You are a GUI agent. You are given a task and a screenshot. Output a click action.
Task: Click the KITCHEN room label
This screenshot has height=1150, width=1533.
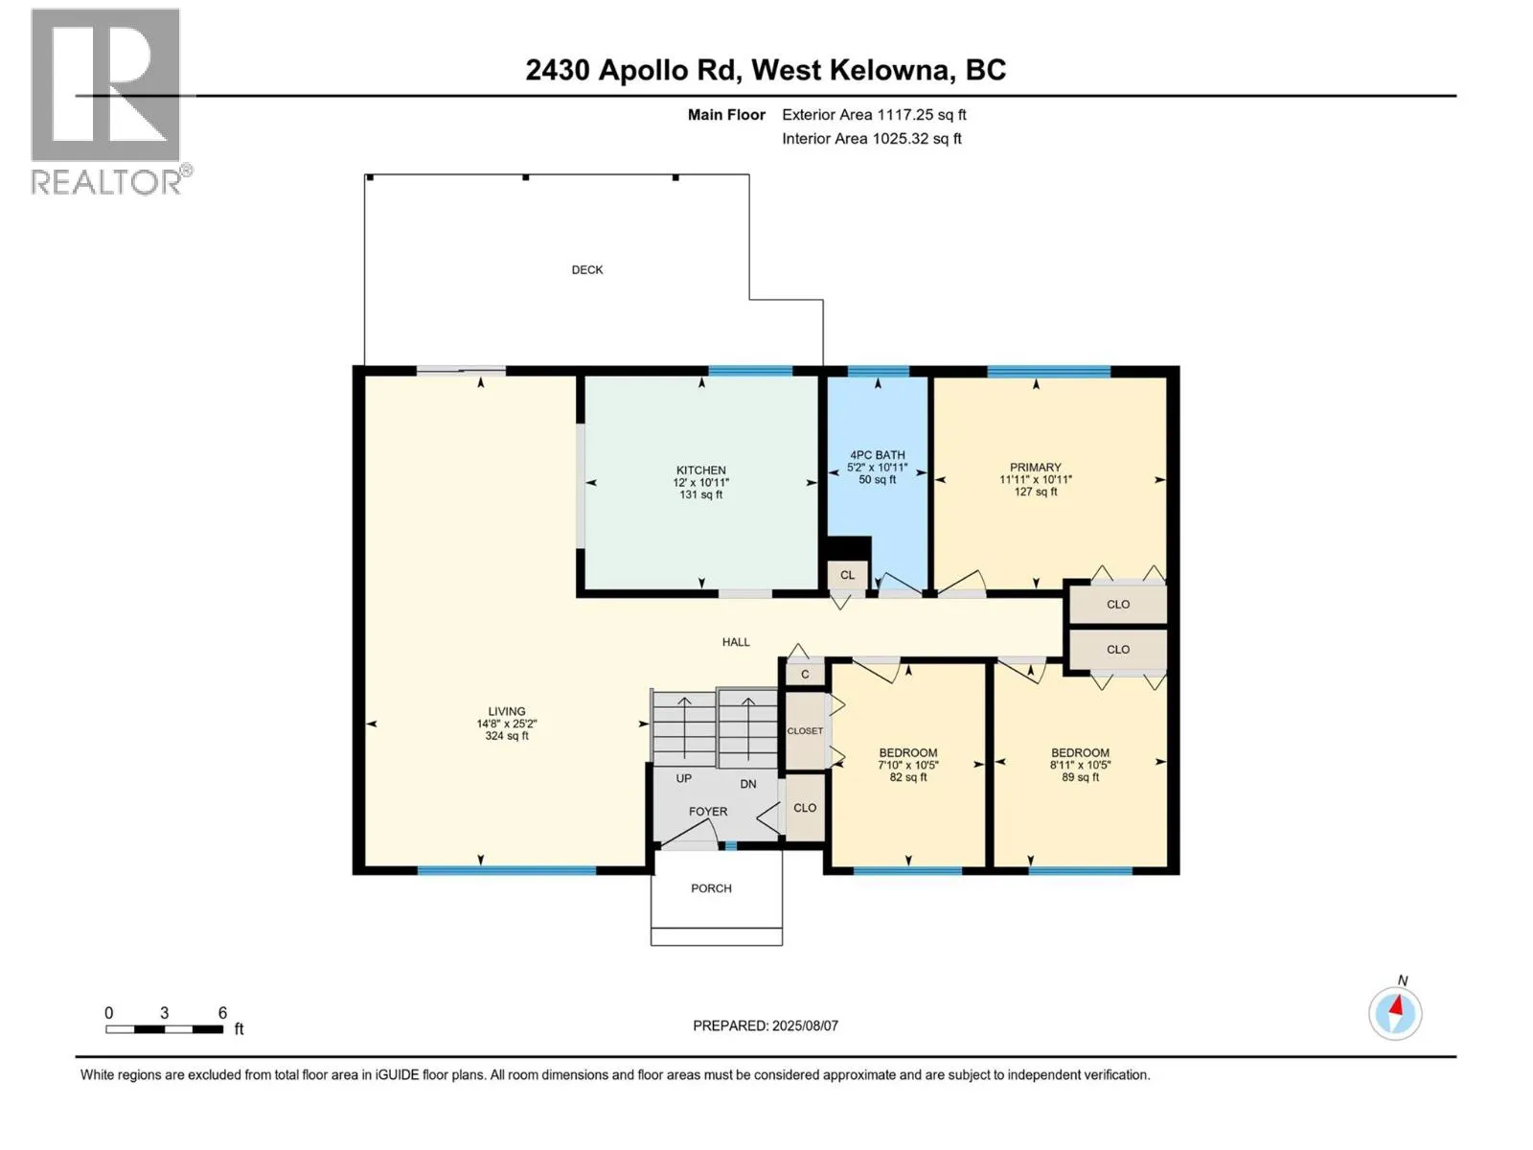(700, 470)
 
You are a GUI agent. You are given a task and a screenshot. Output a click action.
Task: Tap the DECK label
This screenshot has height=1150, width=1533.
(586, 269)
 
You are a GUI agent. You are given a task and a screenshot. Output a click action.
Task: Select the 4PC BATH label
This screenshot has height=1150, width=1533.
(877, 454)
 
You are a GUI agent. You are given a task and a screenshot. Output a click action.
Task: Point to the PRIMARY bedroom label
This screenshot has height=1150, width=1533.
(1035, 467)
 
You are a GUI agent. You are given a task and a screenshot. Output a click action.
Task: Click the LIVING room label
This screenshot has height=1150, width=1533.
(506, 711)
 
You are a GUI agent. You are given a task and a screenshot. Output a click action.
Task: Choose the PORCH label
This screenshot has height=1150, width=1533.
(711, 888)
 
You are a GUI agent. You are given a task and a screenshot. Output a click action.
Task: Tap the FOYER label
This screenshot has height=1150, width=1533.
(707, 812)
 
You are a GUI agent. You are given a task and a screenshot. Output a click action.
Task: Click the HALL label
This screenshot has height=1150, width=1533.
(736, 642)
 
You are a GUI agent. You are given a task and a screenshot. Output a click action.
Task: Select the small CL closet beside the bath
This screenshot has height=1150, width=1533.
(847, 575)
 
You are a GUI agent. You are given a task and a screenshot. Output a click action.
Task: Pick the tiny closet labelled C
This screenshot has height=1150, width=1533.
(805, 674)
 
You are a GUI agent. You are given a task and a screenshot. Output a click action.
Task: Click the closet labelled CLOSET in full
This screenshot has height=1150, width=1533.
(805, 730)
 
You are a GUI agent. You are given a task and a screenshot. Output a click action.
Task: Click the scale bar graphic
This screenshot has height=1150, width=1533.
(164, 1029)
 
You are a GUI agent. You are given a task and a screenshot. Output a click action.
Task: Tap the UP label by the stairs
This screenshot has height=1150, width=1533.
(683, 778)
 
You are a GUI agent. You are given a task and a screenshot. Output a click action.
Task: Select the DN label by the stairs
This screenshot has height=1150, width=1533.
(748, 783)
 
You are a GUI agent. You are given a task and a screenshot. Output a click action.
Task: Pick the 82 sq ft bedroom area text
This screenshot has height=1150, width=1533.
(908, 776)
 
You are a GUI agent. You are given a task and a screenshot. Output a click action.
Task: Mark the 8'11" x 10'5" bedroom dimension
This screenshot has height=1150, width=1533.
(1080, 765)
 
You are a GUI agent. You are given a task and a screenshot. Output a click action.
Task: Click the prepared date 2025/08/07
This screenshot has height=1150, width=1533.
(804, 1025)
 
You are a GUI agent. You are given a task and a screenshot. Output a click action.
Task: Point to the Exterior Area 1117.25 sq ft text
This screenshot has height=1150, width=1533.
(874, 114)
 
